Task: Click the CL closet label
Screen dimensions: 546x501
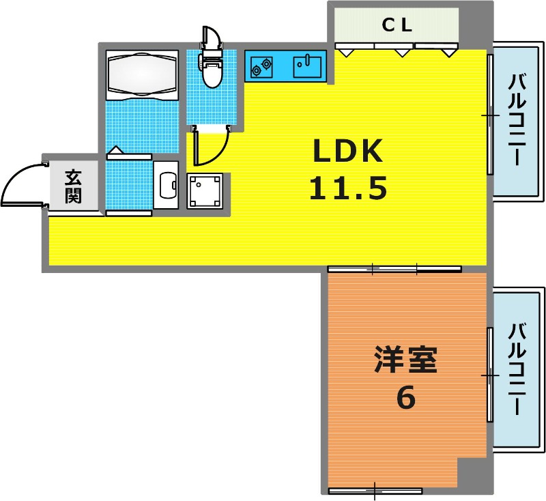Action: tap(397, 25)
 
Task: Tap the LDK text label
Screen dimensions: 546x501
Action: tap(348, 151)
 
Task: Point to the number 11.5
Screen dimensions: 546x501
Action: tap(348, 188)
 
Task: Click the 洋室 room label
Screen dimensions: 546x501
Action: tap(405, 359)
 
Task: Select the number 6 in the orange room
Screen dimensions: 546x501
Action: tap(405, 398)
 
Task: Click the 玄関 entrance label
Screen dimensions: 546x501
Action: tap(73, 186)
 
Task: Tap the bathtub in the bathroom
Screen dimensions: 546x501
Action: tap(142, 74)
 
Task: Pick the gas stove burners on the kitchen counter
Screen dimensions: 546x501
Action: tap(262, 67)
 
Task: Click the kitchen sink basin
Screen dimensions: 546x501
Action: tap(307, 66)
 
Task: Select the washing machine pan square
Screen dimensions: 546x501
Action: tap(204, 191)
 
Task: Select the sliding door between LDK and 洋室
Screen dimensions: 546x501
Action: tap(394, 269)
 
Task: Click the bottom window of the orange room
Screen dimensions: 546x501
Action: tap(375, 491)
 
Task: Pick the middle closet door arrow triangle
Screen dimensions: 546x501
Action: tap(401, 53)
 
